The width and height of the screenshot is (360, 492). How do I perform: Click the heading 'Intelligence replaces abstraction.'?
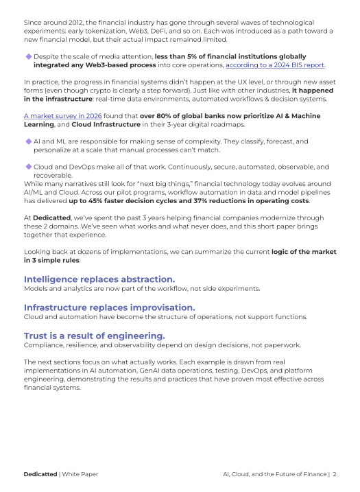click(x=99, y=279)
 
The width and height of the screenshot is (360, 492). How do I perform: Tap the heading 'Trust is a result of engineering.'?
click(x=95, y=336)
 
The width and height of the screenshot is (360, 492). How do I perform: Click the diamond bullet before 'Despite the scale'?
click(x=28, y=56)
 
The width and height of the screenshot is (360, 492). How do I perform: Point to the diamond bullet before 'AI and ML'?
click(x=28, y=141)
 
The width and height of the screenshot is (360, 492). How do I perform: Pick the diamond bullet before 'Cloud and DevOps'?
click(x=28, y=167)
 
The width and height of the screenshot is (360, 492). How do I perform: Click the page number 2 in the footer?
click(x=335, y=473)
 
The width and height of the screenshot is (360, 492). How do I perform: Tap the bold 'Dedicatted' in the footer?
click(x=40, y=473)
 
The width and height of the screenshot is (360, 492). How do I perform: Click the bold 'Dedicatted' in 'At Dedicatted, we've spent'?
click(x=51, y=217)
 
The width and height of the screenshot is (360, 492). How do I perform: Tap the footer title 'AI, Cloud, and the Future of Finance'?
click(x=275, y=473)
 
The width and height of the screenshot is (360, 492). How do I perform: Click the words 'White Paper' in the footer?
click(x=80, y=473)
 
